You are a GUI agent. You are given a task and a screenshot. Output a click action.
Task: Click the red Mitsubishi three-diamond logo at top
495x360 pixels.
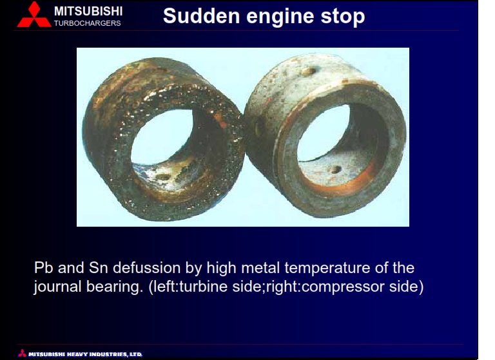pyautogui.click(x=34, y=15)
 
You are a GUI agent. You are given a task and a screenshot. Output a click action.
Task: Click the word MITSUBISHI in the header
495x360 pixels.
pyautogui.click(x=88, y=12)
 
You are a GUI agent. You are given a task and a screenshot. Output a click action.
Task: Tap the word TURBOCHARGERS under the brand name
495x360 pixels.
pyautogui.click(x=88, y=23)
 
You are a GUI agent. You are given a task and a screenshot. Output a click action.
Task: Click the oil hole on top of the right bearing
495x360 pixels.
pyautogui.click(x=309, y=71)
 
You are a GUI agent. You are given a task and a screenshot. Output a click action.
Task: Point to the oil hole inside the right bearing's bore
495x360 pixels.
pyautogui.click(x=335, y=170)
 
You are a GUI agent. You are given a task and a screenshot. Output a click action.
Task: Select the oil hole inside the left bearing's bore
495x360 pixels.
pyautogui.click(x=164, y=177)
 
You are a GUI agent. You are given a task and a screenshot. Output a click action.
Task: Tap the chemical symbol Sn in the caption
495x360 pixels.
pyautogui.click(x=99, y=267)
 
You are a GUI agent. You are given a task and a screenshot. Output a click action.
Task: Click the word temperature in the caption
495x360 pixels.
pyautogui.click(x=327, y=269)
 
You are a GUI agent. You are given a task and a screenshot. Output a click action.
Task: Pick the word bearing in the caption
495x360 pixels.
pyautogui.click(x=113, y=287)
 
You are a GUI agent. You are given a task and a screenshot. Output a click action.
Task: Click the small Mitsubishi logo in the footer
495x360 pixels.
pyautogui.click(x=22, y=353)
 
